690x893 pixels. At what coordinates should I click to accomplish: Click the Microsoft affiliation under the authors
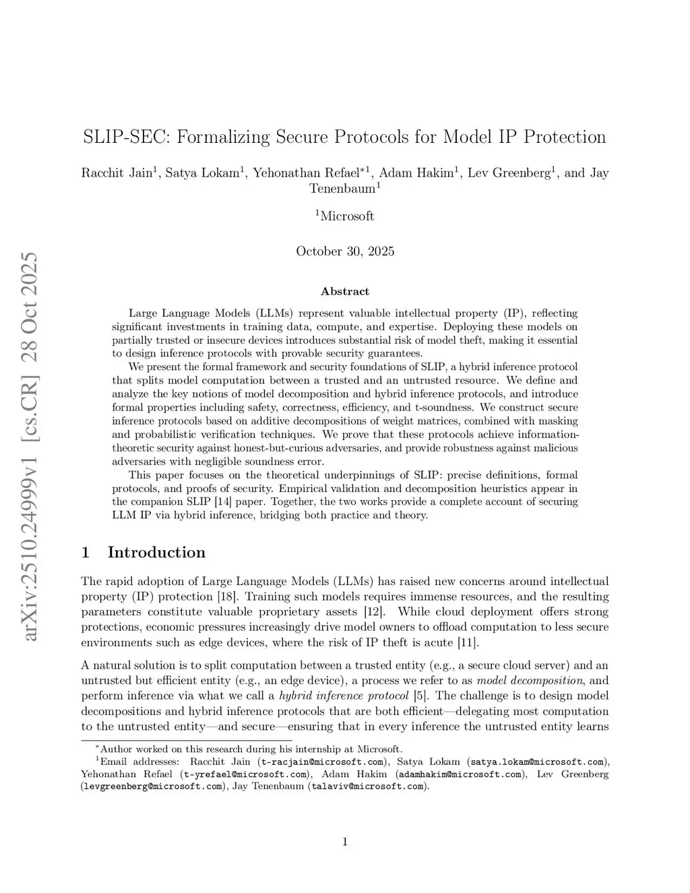[x=346, y=216]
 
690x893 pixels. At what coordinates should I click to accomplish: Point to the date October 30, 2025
[x=345, y=251]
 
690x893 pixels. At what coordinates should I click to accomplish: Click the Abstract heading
[x=345, y=291]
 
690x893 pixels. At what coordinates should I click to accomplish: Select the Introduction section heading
[x=156, y=553]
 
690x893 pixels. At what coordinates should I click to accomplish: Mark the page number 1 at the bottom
[x=345, y=841]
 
